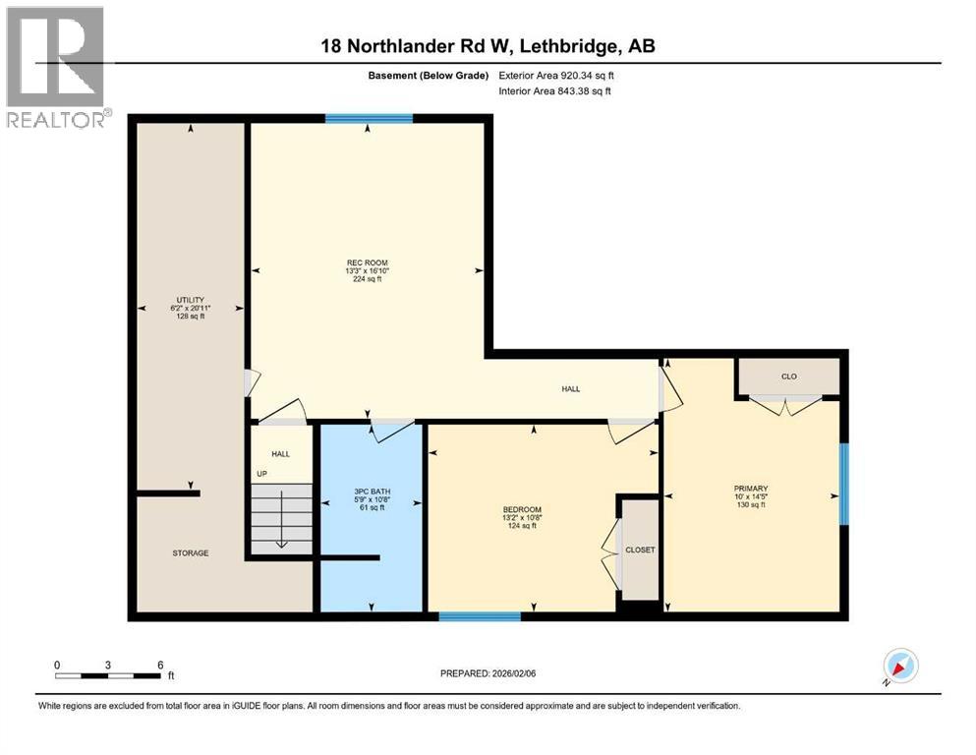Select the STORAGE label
coord(191,553)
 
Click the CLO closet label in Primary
coord(788,376)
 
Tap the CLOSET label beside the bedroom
coord(640,551)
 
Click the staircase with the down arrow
coord(281,519)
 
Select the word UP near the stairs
coord(261,474)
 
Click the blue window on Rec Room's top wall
coord(369,119)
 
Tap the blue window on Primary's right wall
coord(842,484)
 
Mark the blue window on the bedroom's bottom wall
coord(479,616)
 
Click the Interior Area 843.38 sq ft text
coord(555,91)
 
